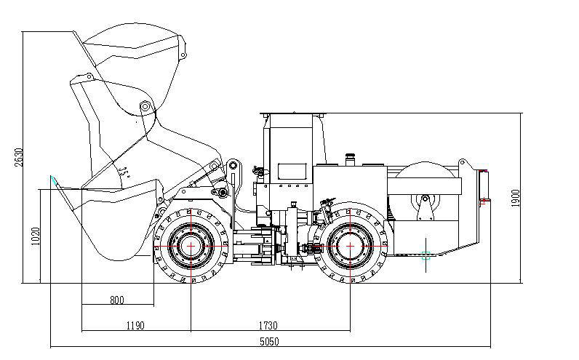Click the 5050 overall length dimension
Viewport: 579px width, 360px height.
coord(269,340)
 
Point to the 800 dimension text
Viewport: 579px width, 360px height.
coord(116,299)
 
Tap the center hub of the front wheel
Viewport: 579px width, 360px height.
coord(191,246)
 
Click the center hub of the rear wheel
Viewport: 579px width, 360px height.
coord(351,246)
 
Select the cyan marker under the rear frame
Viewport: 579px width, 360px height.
coord(426,255)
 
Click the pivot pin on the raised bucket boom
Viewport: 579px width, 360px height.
coord(145,107)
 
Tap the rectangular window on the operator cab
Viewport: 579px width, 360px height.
coord(292,172)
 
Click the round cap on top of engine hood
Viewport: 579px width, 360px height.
coord(351,156)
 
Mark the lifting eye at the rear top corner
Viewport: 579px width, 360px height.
coord(462,161)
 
